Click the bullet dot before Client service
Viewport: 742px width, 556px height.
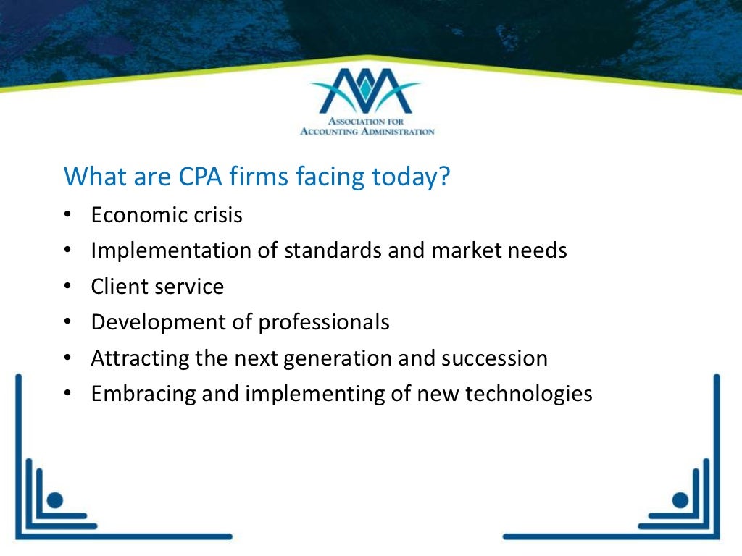click(67, 287)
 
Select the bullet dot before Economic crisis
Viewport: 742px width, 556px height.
click(67, 216)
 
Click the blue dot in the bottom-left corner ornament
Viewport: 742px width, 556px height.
click(56, 499)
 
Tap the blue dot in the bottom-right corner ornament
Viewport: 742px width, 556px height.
click(680, 499)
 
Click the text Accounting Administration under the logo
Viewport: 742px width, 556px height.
click(367, 132)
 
